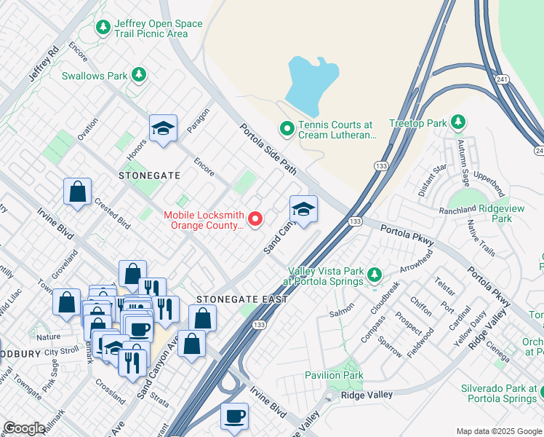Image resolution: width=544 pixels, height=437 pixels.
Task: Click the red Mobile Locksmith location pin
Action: [x=255, y=219]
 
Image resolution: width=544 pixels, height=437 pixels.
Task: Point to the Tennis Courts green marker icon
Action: [x=287, y=130]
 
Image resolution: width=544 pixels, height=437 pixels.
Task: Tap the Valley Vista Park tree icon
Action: [x=374, y=275]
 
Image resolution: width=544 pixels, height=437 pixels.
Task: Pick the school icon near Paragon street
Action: [x=164, y=129]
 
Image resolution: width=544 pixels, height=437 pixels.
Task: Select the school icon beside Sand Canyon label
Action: [x=303, y=210]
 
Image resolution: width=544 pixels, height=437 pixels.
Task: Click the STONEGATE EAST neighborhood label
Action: [x=242, y=299]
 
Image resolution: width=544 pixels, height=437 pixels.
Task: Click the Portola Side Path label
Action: [x=268, y=149]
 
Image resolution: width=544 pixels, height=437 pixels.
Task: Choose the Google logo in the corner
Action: [x=25, y=428]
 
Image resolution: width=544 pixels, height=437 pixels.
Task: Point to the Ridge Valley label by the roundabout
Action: [x=368, y=395]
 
